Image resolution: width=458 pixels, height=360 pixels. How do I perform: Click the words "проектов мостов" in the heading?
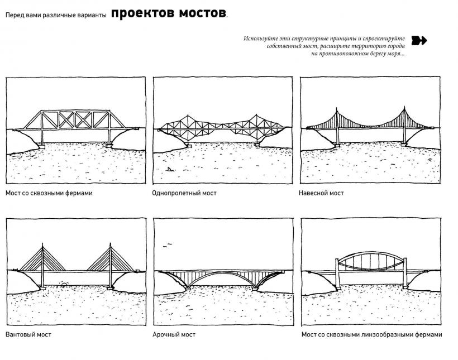[169, 13]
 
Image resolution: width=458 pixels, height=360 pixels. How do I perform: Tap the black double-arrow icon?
[419, 40]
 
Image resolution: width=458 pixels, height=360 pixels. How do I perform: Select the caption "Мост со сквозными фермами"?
[49, 193]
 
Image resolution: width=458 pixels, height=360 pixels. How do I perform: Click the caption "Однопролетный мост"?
[184, 193]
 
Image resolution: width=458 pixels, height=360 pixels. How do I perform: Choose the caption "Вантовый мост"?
[28, 334]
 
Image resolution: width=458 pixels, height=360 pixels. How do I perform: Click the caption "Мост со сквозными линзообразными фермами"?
[371, 334]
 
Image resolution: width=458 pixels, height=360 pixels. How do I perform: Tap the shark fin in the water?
[169, 168]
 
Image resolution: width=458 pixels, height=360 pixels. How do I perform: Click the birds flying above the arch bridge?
[165, 244]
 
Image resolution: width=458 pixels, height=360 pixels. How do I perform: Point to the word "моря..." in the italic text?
[394, 54]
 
